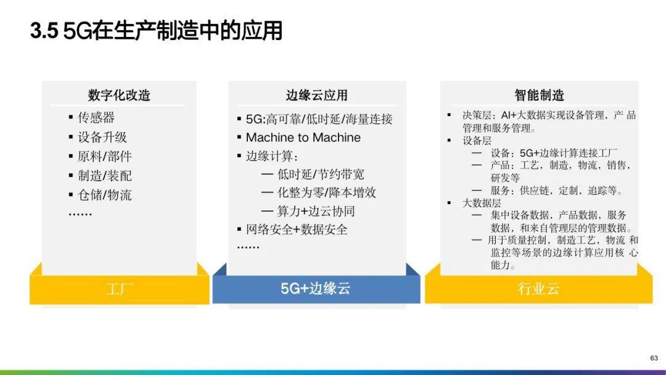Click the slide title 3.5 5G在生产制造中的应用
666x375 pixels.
click(156, 31)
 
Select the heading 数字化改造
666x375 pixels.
click(119, 95)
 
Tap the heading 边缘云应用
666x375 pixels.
click(316, 95)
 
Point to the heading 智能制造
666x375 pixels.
click(539, 95)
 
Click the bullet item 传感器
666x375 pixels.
click(96, 118)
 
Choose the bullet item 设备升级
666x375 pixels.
click(102, 137)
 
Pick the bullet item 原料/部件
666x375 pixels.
click(105, 156)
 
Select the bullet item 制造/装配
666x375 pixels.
click(105, 176)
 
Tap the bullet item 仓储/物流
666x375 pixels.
click(105, 195)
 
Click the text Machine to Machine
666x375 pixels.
click(303, 138)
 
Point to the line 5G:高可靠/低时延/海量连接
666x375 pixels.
click(319, 119)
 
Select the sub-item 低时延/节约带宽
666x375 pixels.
click(321, 174)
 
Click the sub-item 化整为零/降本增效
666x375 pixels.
click(327, 192)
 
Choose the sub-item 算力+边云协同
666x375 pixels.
click(316, 211)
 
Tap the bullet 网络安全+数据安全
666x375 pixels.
click(297, 230)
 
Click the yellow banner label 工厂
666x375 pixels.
click(120, 289)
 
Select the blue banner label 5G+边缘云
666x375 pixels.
click(316, 289)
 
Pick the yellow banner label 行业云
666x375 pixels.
click(538, 289)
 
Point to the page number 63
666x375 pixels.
click(654, 358)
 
